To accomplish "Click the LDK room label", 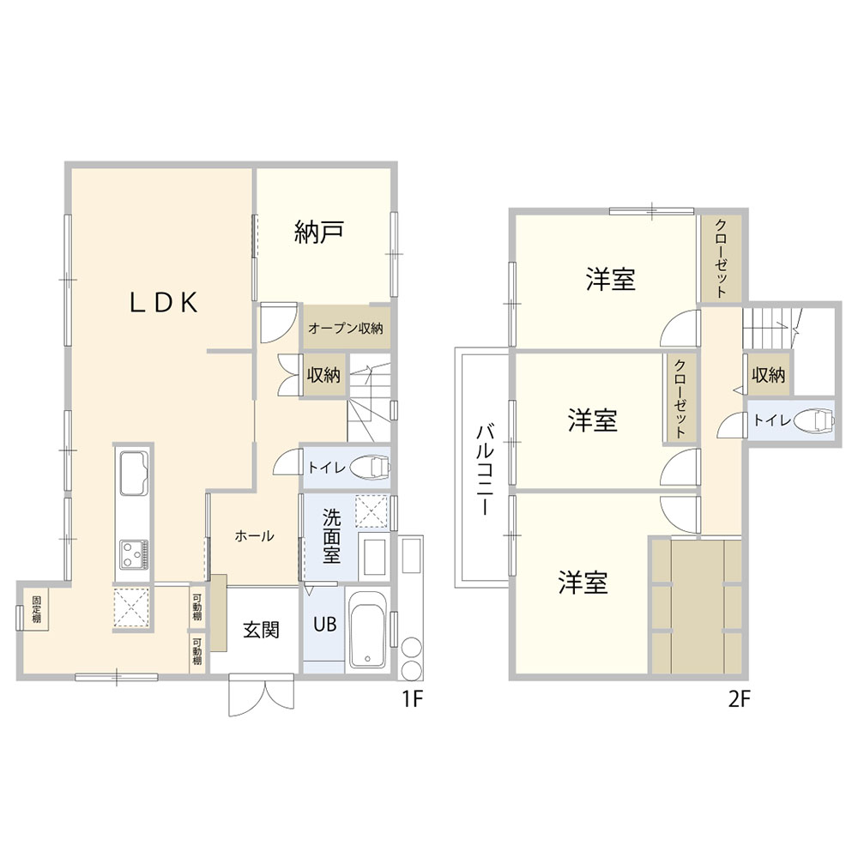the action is (164, 303).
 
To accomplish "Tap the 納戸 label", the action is (318, 232).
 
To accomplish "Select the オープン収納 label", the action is (345, 329).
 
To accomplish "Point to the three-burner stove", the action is (134, 554).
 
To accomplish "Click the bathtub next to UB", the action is (367, 630).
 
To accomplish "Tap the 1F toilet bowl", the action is (370, 468).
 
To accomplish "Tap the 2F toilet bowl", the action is (814, 420).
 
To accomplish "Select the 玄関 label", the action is (261, 630).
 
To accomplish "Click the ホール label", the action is (255, 535).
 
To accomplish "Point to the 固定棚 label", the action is (36, 609).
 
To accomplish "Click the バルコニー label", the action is (485, 469).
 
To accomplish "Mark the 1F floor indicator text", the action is (413, 698).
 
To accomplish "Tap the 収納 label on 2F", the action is (768, 375).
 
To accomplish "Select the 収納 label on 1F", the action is (323, 375).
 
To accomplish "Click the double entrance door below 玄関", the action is (262, 695).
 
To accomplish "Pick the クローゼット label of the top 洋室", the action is (722, 257).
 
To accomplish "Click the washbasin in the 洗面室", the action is (374, 556).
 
